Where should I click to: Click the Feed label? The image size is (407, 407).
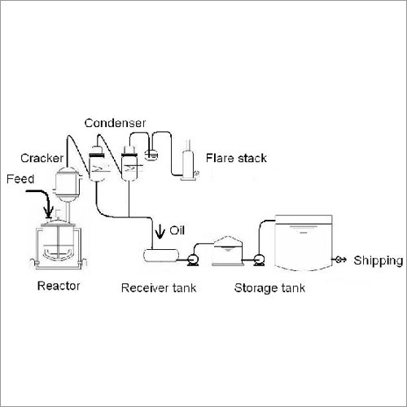(20, 179)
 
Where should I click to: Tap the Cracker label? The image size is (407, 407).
(42, 158)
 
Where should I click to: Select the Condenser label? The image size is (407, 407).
(115, 123)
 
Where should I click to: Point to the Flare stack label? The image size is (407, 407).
(236, 158)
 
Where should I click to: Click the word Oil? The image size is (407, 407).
(177, 230)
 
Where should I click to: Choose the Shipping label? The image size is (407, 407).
(379, 260)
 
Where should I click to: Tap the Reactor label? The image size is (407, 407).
(59, 286)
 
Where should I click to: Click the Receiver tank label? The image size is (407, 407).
(159, 288)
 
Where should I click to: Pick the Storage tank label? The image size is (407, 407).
(269, 288)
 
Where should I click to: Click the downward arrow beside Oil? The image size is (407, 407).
(160, 231)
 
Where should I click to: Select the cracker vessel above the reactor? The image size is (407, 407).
(68, 184)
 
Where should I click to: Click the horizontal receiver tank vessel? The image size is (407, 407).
(161, 256)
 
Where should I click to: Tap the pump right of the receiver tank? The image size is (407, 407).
(193, 260)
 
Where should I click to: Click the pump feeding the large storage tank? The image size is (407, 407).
(259, 260)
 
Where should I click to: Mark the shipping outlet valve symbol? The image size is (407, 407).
(339, 260)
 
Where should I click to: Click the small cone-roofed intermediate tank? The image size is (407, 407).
(228, 251)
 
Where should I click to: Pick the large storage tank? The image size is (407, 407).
(304, 243)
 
